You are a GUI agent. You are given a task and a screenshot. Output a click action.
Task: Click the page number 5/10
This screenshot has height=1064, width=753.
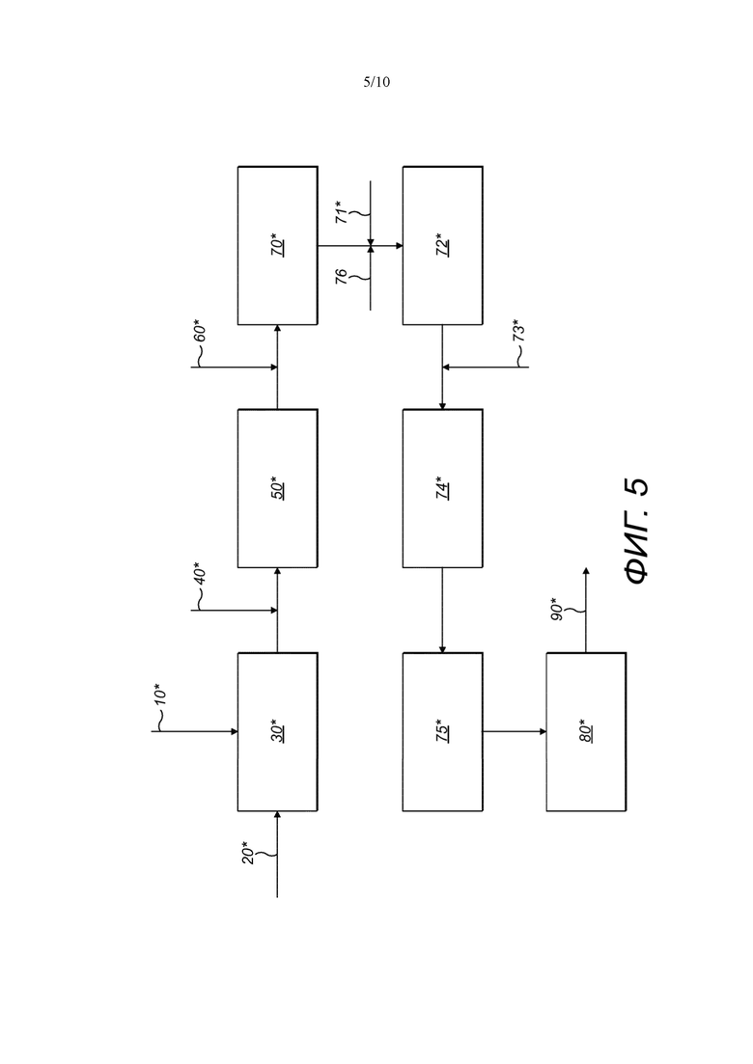pyautogui.click(x=376, y=82)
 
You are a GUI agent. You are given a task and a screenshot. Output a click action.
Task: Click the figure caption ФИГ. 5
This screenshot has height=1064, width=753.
pyautogui.click(x=636, y=532)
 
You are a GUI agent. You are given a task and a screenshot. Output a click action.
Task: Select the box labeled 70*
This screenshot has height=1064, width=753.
pyautogui.click(x=278, y=246)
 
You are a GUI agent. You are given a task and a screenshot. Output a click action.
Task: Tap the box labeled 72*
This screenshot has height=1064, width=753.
pyautogui.click(x=443, y=246)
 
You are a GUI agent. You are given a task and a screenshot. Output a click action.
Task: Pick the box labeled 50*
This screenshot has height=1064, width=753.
pyautogui.click(x=278, y=488)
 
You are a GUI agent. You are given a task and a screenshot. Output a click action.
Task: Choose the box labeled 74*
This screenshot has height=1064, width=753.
pyautogui.click(x=443, y=488)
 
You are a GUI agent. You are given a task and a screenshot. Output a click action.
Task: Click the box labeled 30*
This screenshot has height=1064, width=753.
pyautogui.click(x=278, y=731)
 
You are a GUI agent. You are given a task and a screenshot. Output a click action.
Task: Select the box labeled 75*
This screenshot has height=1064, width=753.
pyautogui.click(x=443, y=731)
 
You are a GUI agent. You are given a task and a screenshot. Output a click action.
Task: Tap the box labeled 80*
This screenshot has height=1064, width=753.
pyautogui.click(x=587, y=731)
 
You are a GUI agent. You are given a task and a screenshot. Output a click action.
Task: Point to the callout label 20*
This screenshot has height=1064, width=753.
pyautogui.click(x=248, y=853)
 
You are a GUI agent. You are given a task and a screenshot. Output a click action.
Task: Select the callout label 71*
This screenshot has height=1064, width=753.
pyautogui.click(x=344, y=211)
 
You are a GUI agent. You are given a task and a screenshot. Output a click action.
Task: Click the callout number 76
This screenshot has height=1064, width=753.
pyautogui.click(x=342, y=276)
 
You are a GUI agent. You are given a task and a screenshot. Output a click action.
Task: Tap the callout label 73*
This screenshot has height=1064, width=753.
pyautogui.click(x=518, y=331)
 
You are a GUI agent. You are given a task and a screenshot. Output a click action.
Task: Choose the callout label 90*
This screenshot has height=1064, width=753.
pyautogui.click(x=557, y=609)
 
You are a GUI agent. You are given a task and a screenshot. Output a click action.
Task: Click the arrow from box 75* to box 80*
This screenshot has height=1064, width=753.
pyautogui.click(x=515, y=731)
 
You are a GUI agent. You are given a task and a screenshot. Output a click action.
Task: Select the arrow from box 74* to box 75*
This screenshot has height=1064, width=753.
pyautogui.click(x=443, y=611)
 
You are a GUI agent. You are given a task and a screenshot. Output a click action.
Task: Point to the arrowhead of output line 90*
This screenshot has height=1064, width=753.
pyautogui.click(x=587, y=571)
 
